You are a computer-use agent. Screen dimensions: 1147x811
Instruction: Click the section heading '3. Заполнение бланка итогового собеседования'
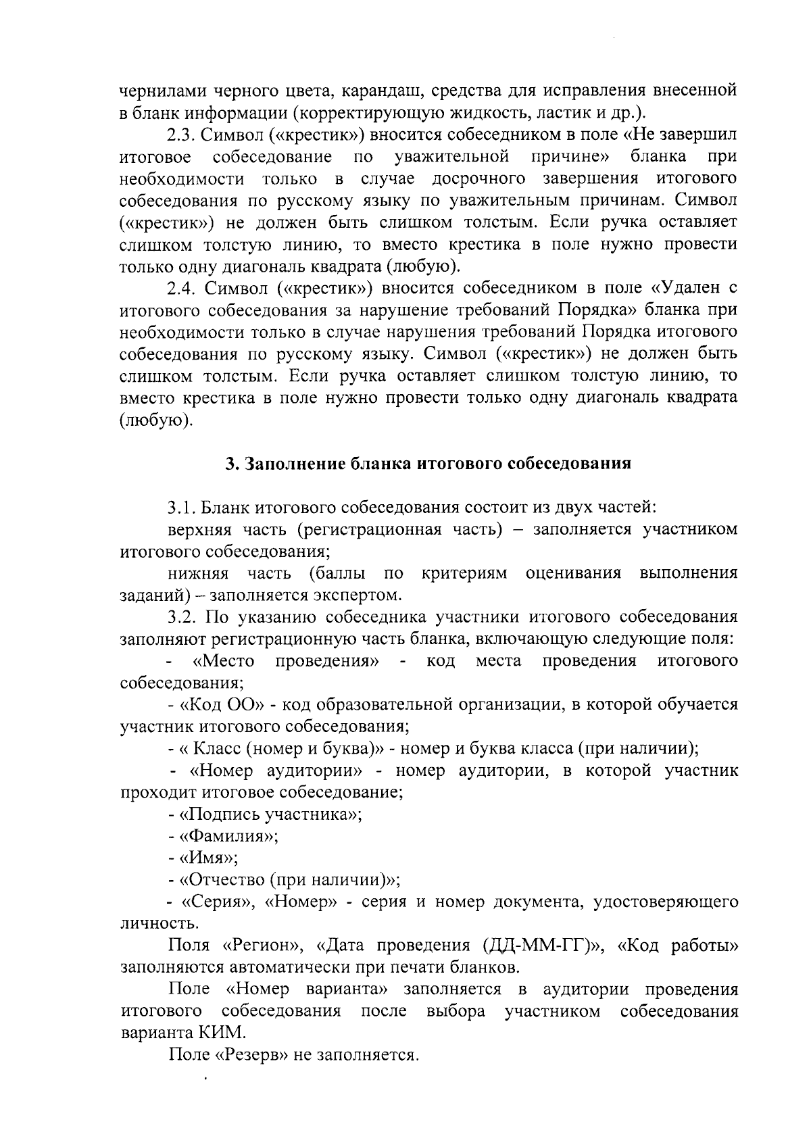[x=428, y=464]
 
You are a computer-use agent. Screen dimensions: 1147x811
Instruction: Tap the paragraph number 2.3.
[x=180, y=135]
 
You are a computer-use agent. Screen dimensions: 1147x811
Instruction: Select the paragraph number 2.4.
[x=180, y=288]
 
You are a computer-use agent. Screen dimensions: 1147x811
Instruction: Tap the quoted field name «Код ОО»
[x=222, y=705]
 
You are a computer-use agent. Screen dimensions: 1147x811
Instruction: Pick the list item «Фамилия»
[x=228, y=836]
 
